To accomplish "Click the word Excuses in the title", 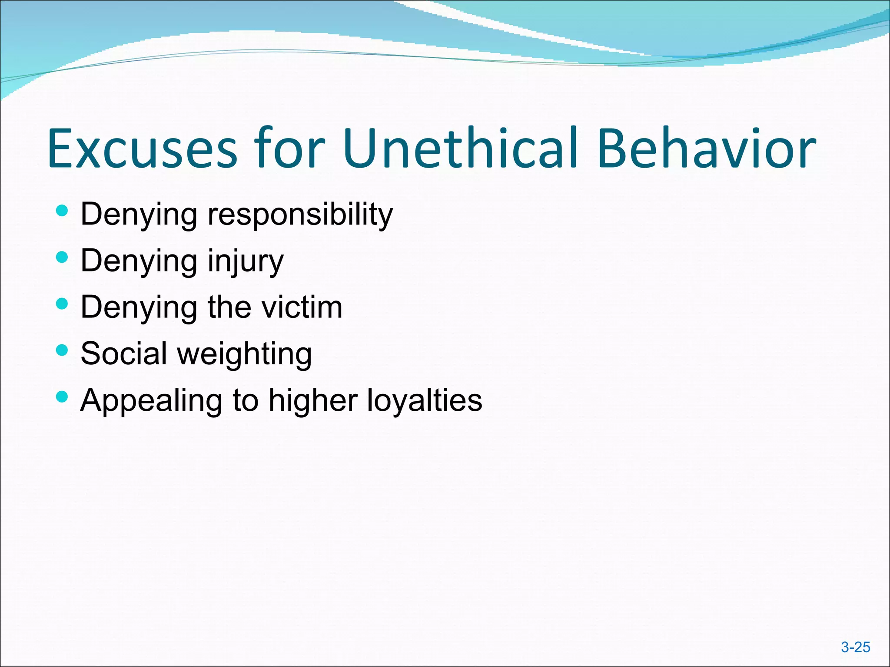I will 143,149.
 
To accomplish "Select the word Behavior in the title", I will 706,149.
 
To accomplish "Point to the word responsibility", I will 300,215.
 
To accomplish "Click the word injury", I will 246,261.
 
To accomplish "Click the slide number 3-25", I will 855,647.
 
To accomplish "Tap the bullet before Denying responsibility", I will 62,211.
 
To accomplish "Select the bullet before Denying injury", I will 62,258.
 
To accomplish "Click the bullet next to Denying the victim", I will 62,304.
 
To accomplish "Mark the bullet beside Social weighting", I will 62,350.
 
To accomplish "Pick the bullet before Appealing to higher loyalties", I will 62,396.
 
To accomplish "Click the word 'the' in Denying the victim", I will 229,307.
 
